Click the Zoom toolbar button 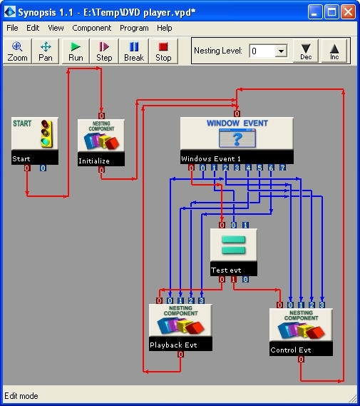coord(17,51)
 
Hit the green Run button coord(76,51)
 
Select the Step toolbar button coord(104,51)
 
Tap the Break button coord(134,51)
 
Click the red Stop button coord(163,51)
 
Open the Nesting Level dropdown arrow coord(281,51)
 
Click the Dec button coord(306,51)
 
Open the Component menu coord(91,28)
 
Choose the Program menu coord(134,28)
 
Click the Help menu coord(165,28)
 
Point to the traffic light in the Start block coord(46,133)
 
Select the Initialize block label coord(94,161)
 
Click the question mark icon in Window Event coord(237,138)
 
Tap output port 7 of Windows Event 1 coord(282,168)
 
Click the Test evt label coord(226,270)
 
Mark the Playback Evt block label coord(173,345)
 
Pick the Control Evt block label coord(291,350)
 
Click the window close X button coord(349,12)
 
